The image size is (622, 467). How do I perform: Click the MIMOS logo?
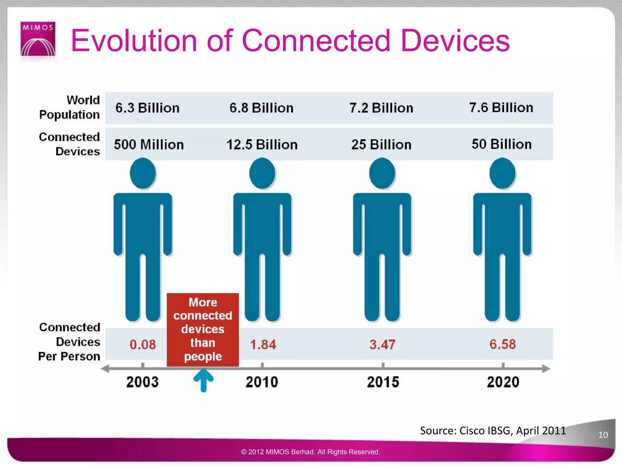(38, 39)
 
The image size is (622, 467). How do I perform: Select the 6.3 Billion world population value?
(147, 108)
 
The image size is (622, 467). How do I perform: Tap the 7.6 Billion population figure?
(501, 108)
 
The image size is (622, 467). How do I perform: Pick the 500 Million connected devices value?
(149, 144)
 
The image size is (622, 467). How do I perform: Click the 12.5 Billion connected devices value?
(262, 144)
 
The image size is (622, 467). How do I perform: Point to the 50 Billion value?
(501, 144)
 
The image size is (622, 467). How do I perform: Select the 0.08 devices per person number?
(143, 344)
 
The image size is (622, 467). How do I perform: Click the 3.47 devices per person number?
(382, 344)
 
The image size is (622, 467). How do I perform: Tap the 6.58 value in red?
(502, 344)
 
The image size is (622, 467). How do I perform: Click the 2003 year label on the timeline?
(142, 382)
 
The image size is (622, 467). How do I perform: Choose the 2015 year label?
(383, 382)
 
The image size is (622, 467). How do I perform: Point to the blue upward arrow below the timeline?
(203, 380)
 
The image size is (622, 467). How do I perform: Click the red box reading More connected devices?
(203, 329)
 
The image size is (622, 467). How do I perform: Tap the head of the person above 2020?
(502, 173)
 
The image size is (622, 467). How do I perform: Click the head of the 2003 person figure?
(143, 173)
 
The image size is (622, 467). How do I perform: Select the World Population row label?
(70, 107)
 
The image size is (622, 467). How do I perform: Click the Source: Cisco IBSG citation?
(493, 431)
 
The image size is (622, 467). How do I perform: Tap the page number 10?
(603, 435)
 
